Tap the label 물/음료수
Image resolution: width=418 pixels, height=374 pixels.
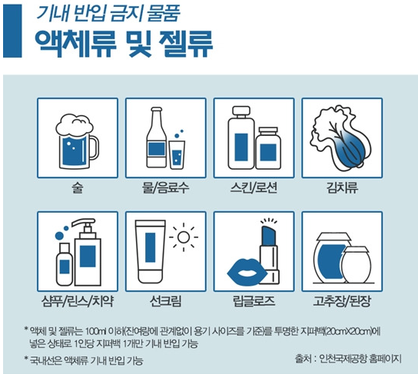tap(166, 186)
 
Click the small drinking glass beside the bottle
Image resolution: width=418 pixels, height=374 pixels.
tap(178, 151)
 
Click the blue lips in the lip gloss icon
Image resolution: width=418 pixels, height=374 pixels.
tap(248, 271)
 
